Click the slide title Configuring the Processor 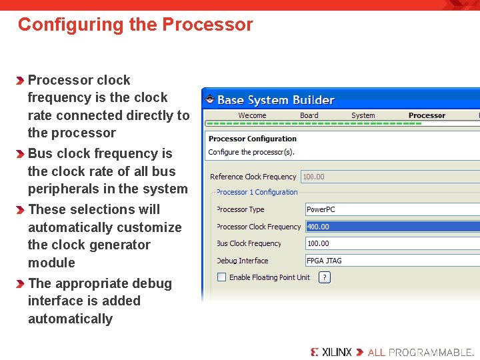coord(135,25)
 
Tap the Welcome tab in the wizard coord(252,115)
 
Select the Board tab coord(309,115)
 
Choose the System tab coord(363,115)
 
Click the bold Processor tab coord(427,115)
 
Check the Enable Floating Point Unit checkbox coord(222,277)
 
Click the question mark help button coord(325,277)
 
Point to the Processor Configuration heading coord(253,139)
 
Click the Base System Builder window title coord(276,100)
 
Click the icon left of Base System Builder coord(210,100)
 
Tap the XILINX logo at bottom coord(331,352)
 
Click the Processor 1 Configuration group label coord(257,192)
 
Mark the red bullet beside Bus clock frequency coord(22,154)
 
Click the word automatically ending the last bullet coord(70,319)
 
